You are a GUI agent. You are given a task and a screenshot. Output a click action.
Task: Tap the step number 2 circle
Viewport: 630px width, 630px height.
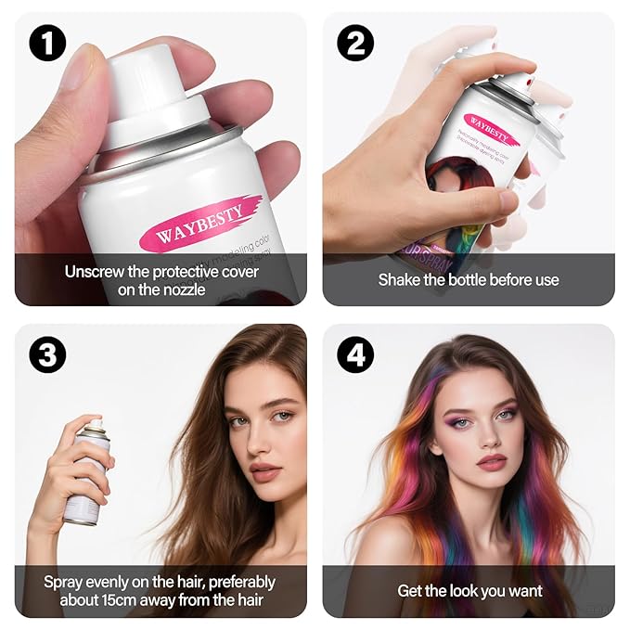pyautogui.click(x=354, y=44)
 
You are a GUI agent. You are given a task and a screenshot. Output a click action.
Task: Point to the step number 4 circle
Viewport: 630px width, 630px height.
pyautogui.click(x=354, y=354)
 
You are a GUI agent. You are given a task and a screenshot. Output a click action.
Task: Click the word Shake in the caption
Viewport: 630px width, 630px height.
pyautogui.click(x=400, y=279)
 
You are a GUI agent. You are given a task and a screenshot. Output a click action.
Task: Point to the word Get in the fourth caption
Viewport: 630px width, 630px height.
pyautogui.click(x=410, y=591)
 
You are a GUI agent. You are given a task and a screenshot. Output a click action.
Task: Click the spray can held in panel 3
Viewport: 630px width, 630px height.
pyautogui.click(x=86, y=473)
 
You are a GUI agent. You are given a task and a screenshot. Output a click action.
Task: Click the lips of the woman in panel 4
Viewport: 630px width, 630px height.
pyautogui.click(x=491, y=461)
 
